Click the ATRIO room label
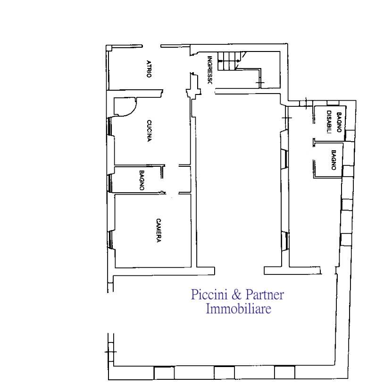(x=149, y=69)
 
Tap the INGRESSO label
(x=209, y=70)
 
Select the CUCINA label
(x=149, y=131)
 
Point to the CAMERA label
(x=158, y=231)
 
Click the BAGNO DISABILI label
(x=334, y=122)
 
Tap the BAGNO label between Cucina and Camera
(x=142, y=180)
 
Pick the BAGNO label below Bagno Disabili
(x=334, y=160)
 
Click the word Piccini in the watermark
(x=209, y=294)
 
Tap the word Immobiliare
(x=238, y=308)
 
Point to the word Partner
(x=265, y=294)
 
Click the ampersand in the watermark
(x=236, y=295)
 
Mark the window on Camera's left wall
(x=110, y=240)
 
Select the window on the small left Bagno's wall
(x=110, y=183)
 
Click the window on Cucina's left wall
(x=110, y=127)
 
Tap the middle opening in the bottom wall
(x=225, y=373)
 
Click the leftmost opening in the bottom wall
(x=164, y=373)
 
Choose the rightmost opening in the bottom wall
(x=284, y=373)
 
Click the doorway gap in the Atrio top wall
(x=151, y=46)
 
